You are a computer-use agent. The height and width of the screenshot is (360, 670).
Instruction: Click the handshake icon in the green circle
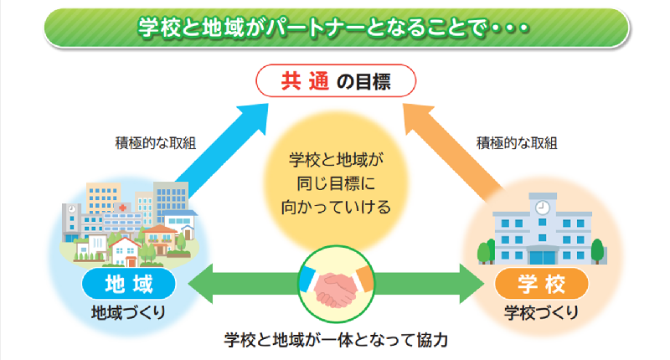335,285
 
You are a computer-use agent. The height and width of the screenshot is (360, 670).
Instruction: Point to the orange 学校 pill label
539,285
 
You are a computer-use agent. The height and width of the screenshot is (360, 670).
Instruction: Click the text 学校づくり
539,313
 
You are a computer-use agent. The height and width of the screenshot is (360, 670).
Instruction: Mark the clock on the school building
543,206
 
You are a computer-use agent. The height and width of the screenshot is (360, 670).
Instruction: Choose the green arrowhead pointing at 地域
201,285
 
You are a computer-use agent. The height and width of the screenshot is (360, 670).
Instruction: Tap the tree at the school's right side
596,249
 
